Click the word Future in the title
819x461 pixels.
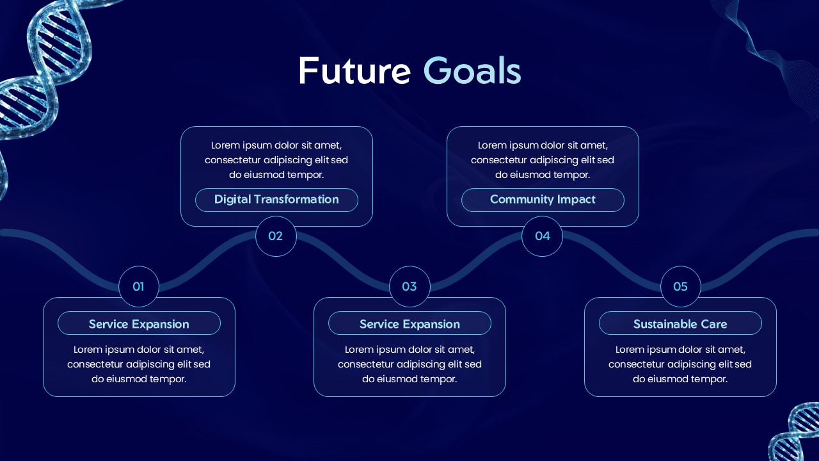coord(353,71)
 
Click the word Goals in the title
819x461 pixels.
coord(472,71)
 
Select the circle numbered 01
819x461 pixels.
coord(139,286)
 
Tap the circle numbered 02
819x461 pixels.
coord(276,236)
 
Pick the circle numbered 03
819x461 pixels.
coord(409,286)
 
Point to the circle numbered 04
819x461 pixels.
coord(542,236)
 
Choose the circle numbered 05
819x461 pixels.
coord(680,286)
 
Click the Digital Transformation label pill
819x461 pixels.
coord(276,200)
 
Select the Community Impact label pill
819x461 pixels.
coord(543,200)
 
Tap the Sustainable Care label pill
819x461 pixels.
coord(680,323)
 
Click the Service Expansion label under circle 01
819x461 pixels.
coord(139,323)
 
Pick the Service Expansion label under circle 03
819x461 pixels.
coord(409,323)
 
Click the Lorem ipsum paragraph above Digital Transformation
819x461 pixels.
coord(276,160)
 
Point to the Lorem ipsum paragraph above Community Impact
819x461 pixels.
coord(543,160)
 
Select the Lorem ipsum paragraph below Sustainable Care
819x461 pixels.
coord(680,364)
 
